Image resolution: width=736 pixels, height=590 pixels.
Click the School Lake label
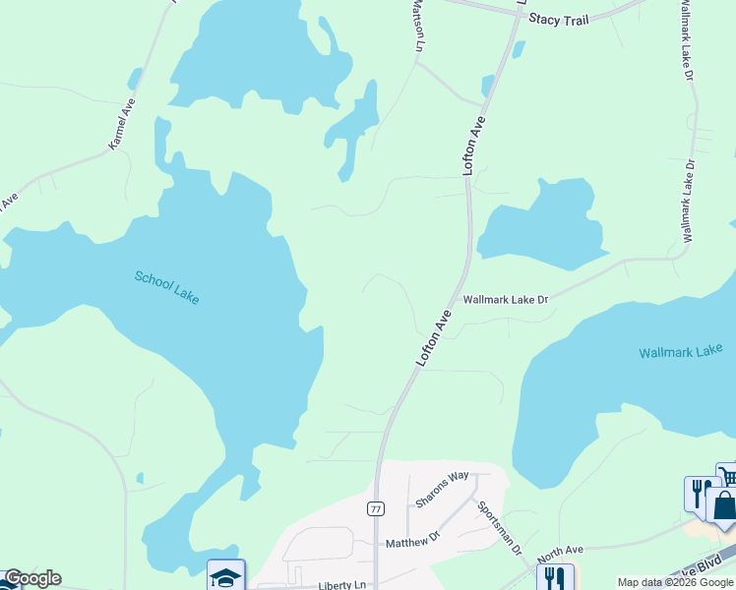167,286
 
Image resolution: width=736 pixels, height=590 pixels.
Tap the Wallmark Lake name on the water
680,352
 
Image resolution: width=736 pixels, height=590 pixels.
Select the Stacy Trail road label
559,19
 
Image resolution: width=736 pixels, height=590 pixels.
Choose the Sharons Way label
442,489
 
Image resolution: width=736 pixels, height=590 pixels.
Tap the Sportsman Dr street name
499,530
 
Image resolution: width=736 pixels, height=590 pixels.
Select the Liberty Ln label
341,585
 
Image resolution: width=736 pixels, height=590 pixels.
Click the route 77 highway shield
376,508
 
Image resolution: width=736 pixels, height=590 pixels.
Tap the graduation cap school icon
226,576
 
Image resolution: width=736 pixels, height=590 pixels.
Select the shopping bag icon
723,507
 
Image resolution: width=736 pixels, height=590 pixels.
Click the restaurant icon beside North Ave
553,578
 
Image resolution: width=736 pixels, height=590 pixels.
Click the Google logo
31,578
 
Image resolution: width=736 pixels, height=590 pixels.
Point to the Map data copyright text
675,582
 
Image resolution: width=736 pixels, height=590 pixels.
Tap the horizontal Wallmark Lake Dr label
505,299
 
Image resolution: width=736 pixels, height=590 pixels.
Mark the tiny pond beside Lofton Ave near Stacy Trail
487,85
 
